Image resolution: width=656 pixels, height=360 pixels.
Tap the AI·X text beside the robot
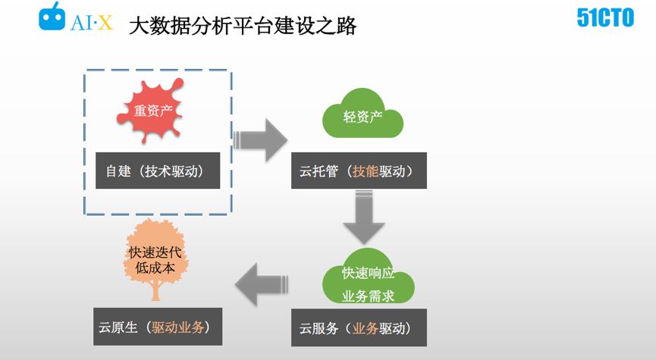[92, 23]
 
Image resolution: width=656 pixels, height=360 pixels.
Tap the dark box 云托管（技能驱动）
[359, 171]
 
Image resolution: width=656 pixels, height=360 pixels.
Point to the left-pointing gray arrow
[261, 284]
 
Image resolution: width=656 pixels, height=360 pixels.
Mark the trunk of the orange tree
[155, 292]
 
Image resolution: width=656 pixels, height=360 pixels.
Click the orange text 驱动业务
[177, 327]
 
